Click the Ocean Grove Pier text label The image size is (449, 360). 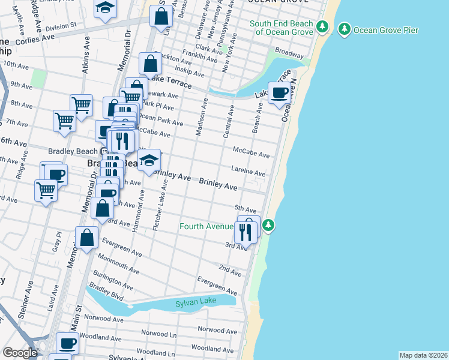point(386,30)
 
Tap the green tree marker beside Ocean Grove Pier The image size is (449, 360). point(344,28)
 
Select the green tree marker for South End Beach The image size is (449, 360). point(322,26)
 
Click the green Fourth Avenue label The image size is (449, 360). point(206,226)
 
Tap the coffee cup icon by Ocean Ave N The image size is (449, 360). point(279,93)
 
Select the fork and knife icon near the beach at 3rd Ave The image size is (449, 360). point(246,232)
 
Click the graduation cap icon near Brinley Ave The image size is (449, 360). point(149,160)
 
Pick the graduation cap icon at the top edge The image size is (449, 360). point(105,8)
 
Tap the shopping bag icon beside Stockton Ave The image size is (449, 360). point(150,64)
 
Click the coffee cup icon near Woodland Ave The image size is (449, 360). point(67,344)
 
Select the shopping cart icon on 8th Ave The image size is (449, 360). point(81,106)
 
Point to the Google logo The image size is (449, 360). point(20,353)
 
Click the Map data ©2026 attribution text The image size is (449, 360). point(423,355)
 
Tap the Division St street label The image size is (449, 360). point(61,26)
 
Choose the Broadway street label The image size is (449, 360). point(289,53)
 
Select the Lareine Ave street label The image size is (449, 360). point(248,173)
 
